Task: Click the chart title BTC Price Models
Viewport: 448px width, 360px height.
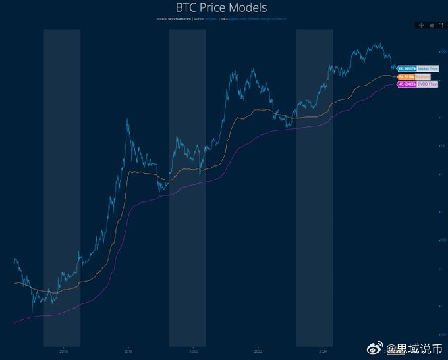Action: tap(221, 8)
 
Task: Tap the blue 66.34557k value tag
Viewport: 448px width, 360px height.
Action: tap(406, 68)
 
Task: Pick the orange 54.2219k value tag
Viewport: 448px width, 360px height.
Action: tap(406, 76)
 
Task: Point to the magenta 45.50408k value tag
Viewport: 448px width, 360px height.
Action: tap(406, 84)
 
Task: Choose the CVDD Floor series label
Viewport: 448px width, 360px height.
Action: tap(427, 84)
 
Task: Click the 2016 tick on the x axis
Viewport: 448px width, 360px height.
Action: tap(63, 351)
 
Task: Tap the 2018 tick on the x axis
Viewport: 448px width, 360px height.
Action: tap(128, 351)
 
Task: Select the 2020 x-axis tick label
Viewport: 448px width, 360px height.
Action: tap(193, 351)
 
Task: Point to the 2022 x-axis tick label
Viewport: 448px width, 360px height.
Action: tap(258, 351)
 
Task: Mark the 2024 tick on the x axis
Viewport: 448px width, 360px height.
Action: tap(323, 351)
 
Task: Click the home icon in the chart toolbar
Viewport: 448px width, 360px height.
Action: tap(432, 25)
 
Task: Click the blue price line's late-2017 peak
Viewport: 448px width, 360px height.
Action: tap(126, 119)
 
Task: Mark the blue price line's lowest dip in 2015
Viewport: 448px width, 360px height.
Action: tap(32, 312)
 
